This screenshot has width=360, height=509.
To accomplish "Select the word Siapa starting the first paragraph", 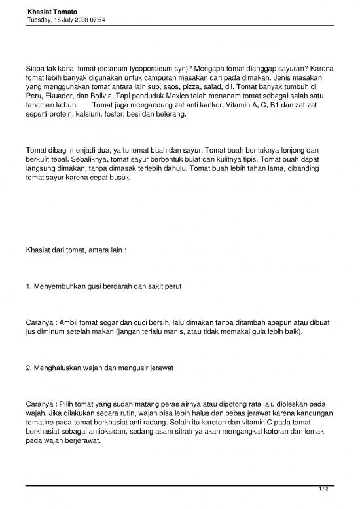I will tap(35, 67).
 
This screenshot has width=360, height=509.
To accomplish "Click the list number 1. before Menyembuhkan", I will tap(28, 287).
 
